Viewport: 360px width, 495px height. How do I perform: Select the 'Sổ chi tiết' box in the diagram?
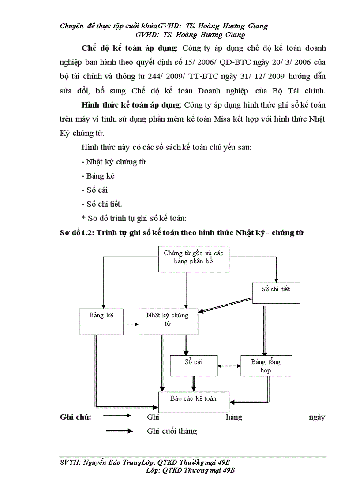pyautogui.click(x=276, y=290)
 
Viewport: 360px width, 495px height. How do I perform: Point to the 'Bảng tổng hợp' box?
pyautogui.click(x=266, y=366)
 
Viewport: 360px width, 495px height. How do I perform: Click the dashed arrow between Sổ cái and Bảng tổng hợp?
pyautogui.click(x=228, y=365)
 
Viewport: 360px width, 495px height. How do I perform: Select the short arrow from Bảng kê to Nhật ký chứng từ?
pyautogui.click(x=131, y=324)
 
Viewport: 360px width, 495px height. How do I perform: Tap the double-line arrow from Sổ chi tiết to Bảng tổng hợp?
pyautogui.click(x=264, y=329)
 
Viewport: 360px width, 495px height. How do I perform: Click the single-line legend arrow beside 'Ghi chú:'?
pyautogui.click(x=118, y=415)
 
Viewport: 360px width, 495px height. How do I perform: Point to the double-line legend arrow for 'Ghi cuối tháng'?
pyautogui.click(x=119, y=431)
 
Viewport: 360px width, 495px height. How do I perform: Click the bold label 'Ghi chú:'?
pyautogui.click(x=75, y=417)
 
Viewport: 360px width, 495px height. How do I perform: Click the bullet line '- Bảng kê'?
pyautogui.click(x=98, y=176)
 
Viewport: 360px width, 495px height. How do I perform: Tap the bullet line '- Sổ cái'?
pyautogui.click(x=94, y=190)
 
